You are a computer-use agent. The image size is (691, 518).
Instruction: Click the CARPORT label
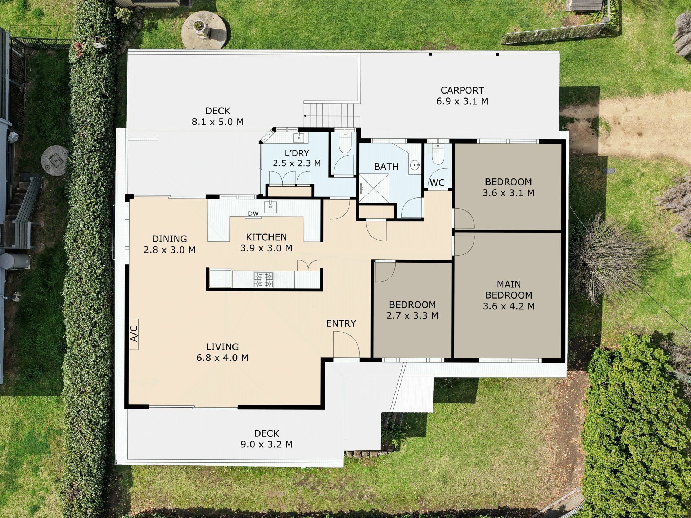[x=462, y=90]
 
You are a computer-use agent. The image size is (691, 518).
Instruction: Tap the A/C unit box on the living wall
[x=134, y=334]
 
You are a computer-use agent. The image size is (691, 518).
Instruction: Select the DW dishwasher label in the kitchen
[x=253, y=213]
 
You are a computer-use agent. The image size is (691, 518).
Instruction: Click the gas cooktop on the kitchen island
[x=263, y=280]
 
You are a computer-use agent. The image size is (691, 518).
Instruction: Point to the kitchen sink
[x=270, y=207]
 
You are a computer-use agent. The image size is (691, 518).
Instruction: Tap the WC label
[x=437, y=182]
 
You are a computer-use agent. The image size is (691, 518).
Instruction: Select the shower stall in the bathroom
[x=374, y=188]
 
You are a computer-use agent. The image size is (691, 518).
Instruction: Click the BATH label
[x=386, y=167]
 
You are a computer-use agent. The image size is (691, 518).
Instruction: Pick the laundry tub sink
[x=298, y=137]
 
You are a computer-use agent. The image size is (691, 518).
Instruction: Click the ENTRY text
[x=341, y=323]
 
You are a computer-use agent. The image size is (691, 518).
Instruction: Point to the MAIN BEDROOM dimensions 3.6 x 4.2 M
[x=509, y=306]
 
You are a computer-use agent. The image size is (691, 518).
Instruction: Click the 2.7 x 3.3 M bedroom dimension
[x=412, y=315]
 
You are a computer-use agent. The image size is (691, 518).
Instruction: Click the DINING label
[x=170, y=239]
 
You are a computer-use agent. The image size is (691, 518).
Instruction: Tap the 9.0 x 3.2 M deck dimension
[x=267, y=444]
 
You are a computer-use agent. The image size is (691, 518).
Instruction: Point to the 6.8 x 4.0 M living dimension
[x=222, y=358]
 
